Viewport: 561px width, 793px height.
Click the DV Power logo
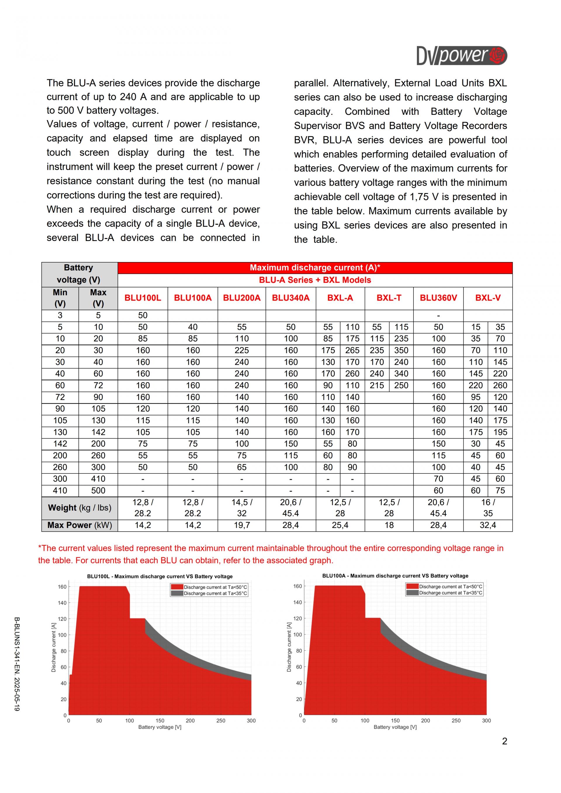click(x=462, y=55)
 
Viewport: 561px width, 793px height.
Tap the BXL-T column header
click(x=389, y=298)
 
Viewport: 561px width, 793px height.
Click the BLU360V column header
click(x=438, y=298)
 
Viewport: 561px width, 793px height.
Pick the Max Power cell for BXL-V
click(x=487, y=525)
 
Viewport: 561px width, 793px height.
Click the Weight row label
click(x=79, y=508)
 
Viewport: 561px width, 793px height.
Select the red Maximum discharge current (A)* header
click(x=315, y=268)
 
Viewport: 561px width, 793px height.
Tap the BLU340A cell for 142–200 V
click(x=290, y=444)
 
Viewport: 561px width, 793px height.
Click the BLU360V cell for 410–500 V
click(x=438, y=490)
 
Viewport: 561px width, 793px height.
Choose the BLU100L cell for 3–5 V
click(x=143, y=315)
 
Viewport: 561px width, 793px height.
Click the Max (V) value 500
click(x=98, y=490)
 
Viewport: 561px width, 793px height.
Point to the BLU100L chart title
click(x=160, y=577)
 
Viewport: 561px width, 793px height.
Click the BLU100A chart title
click(x=395, y=576)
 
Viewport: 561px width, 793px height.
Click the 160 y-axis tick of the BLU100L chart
click(x=62, y=587)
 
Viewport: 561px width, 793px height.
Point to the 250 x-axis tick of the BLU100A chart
click(x=456, y=721)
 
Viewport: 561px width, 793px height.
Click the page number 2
click(x=504, y=741)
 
